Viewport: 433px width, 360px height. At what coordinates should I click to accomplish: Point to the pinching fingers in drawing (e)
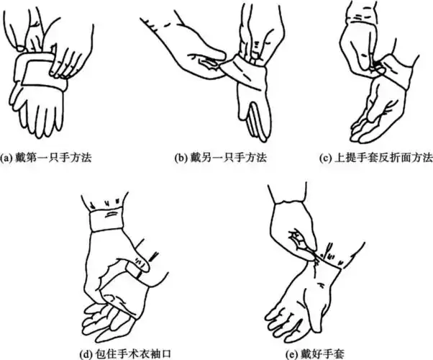302,238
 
